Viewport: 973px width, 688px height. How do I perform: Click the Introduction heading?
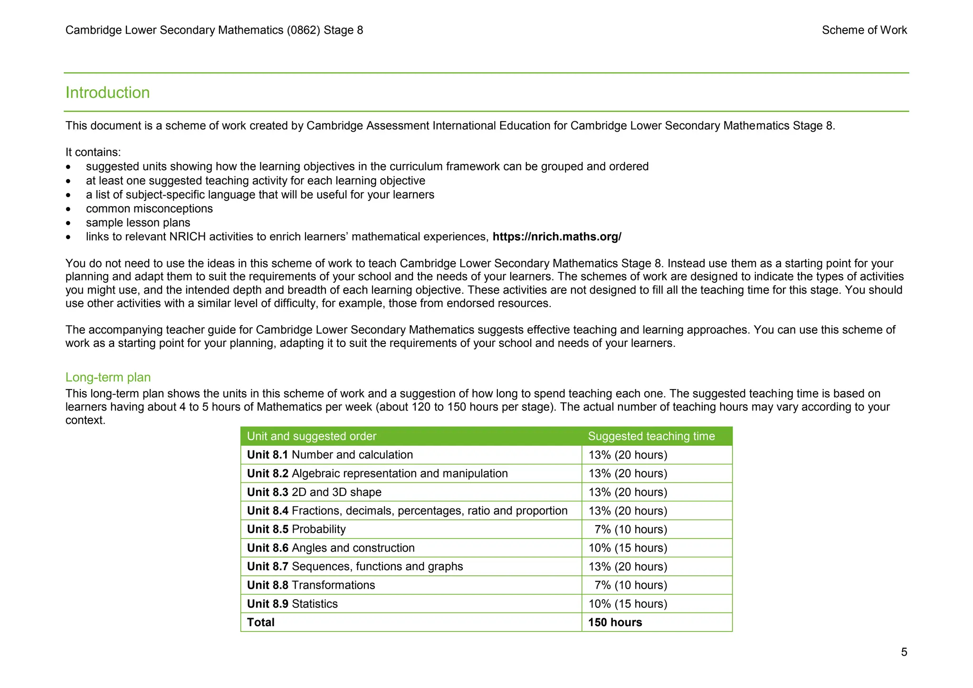[x=107, y=93]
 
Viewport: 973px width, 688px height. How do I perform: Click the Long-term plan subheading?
[x=108, y=377]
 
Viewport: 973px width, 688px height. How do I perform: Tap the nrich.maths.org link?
[x=556, y=237]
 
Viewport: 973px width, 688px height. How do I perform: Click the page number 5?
[x=904, y=652]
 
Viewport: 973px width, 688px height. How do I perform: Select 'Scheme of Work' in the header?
[x=864, y=30]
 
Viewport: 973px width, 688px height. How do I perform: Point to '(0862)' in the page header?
[x=303, y=30]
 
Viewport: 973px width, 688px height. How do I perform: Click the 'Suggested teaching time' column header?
[x=651, y=436]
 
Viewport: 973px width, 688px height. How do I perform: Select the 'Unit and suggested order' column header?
[x=311, y=436]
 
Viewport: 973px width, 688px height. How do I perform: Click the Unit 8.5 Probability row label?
[x=296, y=529]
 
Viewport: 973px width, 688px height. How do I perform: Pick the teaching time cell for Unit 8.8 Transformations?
[x=630, y=585]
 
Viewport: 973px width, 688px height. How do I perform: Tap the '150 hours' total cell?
[x=615, y=622]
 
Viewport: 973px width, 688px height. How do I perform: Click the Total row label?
[x=260, y=622]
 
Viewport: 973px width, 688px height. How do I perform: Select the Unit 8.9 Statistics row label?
[x=292, y=604]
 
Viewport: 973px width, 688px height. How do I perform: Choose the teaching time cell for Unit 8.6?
[x=628, y=548]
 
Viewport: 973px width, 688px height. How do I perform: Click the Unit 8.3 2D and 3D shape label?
[x=314, y=492]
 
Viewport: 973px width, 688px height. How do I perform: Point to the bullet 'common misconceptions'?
[x=149, y=209]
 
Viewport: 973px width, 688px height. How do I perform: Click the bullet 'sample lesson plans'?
[x=138, y=223]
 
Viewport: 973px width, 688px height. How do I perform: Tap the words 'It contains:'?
[x=93, y=152]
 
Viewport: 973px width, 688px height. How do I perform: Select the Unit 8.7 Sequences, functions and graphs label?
[x=354, y=566]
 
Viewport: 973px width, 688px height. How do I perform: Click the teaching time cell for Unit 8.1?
[x=628, y=455]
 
